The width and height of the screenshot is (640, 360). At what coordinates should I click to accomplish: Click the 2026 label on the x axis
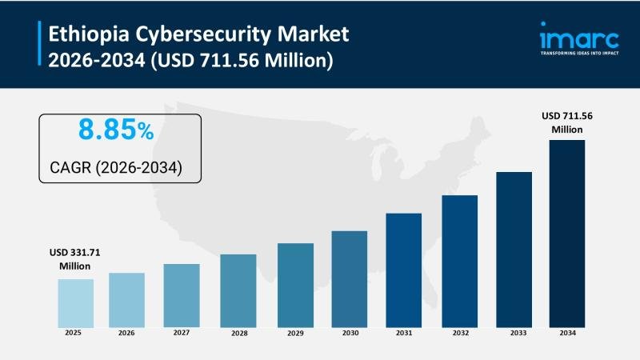(x=126, y=334)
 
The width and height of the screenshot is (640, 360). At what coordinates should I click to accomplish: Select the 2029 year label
(x=295, y=334)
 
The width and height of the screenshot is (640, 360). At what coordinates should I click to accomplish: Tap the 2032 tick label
(x=459, y=334)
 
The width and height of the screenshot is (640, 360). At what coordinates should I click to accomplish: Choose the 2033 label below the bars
(x=514, y=334)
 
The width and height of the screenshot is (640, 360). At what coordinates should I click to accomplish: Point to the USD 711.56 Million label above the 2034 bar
(x=566, y=122)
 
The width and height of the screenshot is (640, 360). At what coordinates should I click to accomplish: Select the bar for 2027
(x=182, y=295)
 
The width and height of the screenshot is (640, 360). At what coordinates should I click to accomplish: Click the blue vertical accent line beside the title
(x=39, y=46)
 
